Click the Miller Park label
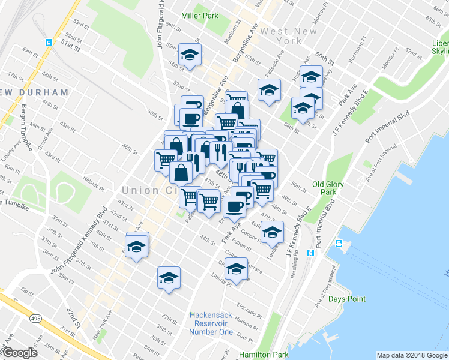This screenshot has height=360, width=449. pyautogui.click(x=200, y=16)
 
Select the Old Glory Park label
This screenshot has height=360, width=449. pyautogui.click(x=328, y=188)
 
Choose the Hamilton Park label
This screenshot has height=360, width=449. pyautogui.click(x=262, y=355)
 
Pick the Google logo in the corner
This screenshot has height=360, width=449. pyautogui.click(x=19, y=353)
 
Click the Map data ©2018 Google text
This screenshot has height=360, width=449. pyautogui.click(x=411, y=355)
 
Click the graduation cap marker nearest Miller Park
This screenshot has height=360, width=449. pyautogui.click(x=190, y=55)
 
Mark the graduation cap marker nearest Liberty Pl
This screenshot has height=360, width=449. pyautogui.click(x=236, y=268)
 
